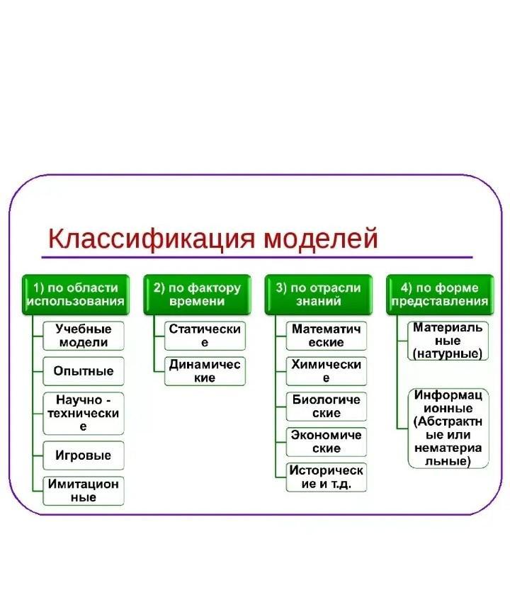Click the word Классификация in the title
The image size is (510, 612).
click(x=151, y=239)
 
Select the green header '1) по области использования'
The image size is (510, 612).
click(x=76, y=295)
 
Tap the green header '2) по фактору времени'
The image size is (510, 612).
click(x=197, y=295)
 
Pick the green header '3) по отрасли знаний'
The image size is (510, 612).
click(x=319, y=295)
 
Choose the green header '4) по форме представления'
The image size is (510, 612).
click(x=440, y=295)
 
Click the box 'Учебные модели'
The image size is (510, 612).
click(x=84, y=336)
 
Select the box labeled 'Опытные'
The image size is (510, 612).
click(x=84, y=370)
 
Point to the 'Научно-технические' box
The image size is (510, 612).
click(x=84, y=414)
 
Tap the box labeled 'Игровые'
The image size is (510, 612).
click(x=84, y=455)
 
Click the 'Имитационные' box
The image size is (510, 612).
click(x=84, y=491)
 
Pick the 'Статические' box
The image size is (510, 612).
click(x=205, y=336)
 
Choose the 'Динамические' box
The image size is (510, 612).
click(x=205, y=371)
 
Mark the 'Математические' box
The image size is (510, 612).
click(x=327, y=336)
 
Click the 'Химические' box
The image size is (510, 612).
click(x=327, y=371)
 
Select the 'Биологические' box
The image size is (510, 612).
click(x=327, y=407)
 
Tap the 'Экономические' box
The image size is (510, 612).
click(x=327, y=442)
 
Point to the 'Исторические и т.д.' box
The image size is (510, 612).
click(x=327, y=477)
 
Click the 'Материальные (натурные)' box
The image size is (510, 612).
click(x=448, y=341)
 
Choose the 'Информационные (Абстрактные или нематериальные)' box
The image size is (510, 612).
click(x=448, y=428)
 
